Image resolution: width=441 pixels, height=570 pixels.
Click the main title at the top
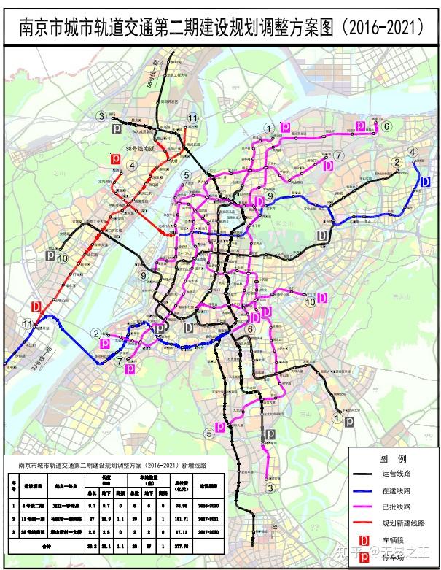[x=220, y=27]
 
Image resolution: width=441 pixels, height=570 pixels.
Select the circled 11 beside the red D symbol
[x=28, y=324]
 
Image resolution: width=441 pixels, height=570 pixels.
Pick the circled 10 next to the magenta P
[x=311, y=301]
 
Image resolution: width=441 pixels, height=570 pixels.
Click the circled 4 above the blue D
[x=413, y=152]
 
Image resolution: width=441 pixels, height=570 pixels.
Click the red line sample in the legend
[x=365, y=523]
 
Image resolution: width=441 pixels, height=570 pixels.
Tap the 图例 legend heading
[x=392, y=458]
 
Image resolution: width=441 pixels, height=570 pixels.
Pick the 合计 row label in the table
[x=49, y=544]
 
